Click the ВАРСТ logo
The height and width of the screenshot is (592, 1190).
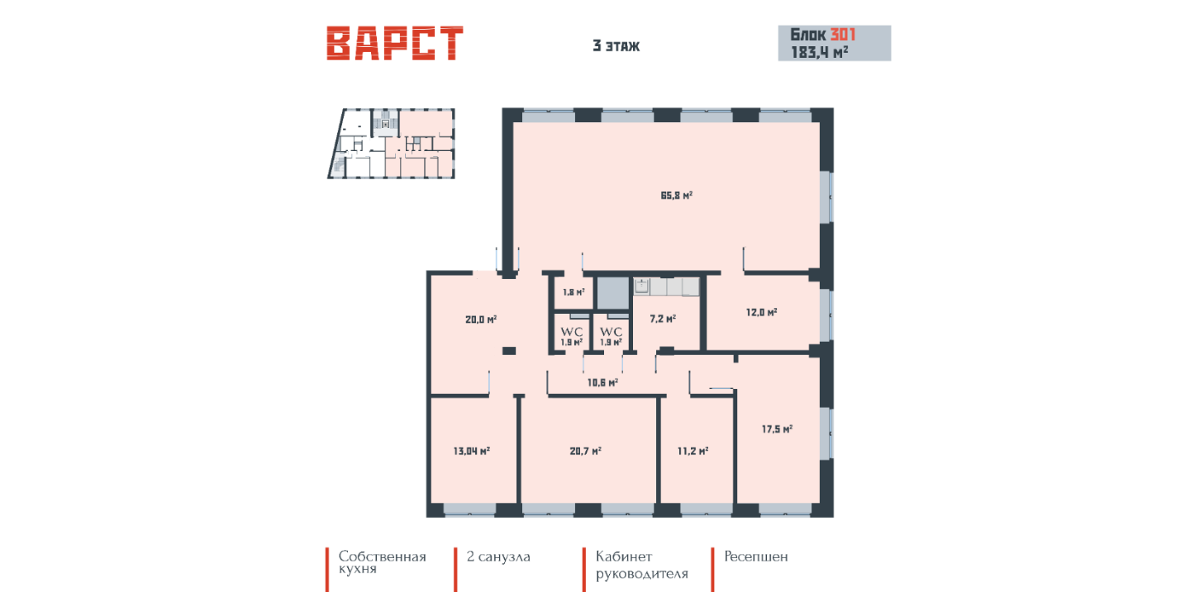point(395,43)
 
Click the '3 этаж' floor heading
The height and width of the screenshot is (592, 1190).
point(616,46)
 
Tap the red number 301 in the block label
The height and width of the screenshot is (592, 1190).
point(843,35)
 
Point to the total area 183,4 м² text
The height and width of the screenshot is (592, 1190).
point(819,52)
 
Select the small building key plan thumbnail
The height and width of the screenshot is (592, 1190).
point(391,144)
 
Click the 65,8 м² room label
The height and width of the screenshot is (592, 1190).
point(676,196)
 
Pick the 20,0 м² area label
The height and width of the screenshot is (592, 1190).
point(481,320)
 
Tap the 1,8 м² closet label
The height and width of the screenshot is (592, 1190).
point(574,292)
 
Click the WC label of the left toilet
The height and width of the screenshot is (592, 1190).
point(572,332)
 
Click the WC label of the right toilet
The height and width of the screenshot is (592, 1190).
point(611,332)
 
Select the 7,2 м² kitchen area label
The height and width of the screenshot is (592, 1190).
point(663,319)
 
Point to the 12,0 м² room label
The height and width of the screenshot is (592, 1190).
point(761,312)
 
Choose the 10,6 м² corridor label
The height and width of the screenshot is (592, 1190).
point(602,382)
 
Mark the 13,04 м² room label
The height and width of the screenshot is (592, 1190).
point(471,452)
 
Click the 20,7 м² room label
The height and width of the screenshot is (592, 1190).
point(585,452)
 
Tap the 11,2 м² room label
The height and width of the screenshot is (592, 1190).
point(693,452)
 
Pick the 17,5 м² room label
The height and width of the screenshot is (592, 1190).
point(777,429)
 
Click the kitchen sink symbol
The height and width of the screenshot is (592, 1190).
point(642,287)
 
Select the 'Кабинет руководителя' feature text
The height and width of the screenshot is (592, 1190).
point(642,566)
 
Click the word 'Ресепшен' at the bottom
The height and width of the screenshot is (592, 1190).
point(756,557)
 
